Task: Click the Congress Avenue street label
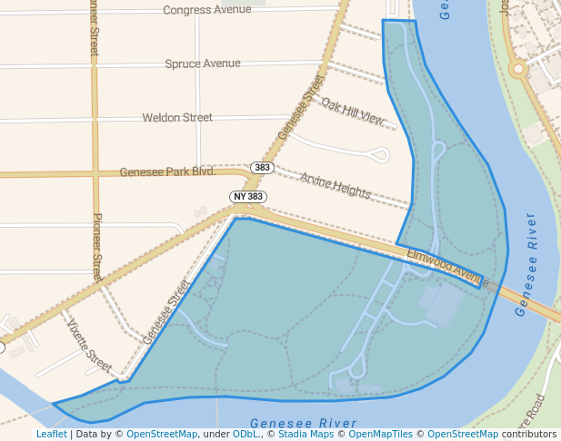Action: click(206, 10)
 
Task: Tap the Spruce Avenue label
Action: click(203, 64)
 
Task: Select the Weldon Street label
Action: click(177, 117)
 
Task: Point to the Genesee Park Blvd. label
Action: click(167, 171)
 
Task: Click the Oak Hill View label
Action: click(353, 110)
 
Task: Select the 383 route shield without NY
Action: click(263, 168)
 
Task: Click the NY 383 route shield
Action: click(248, 196)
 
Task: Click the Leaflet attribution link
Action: click(51, 435)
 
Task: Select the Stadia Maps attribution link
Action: click(304, 435)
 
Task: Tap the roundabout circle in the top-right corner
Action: click(518, 68)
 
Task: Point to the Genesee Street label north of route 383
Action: click(301, 110)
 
